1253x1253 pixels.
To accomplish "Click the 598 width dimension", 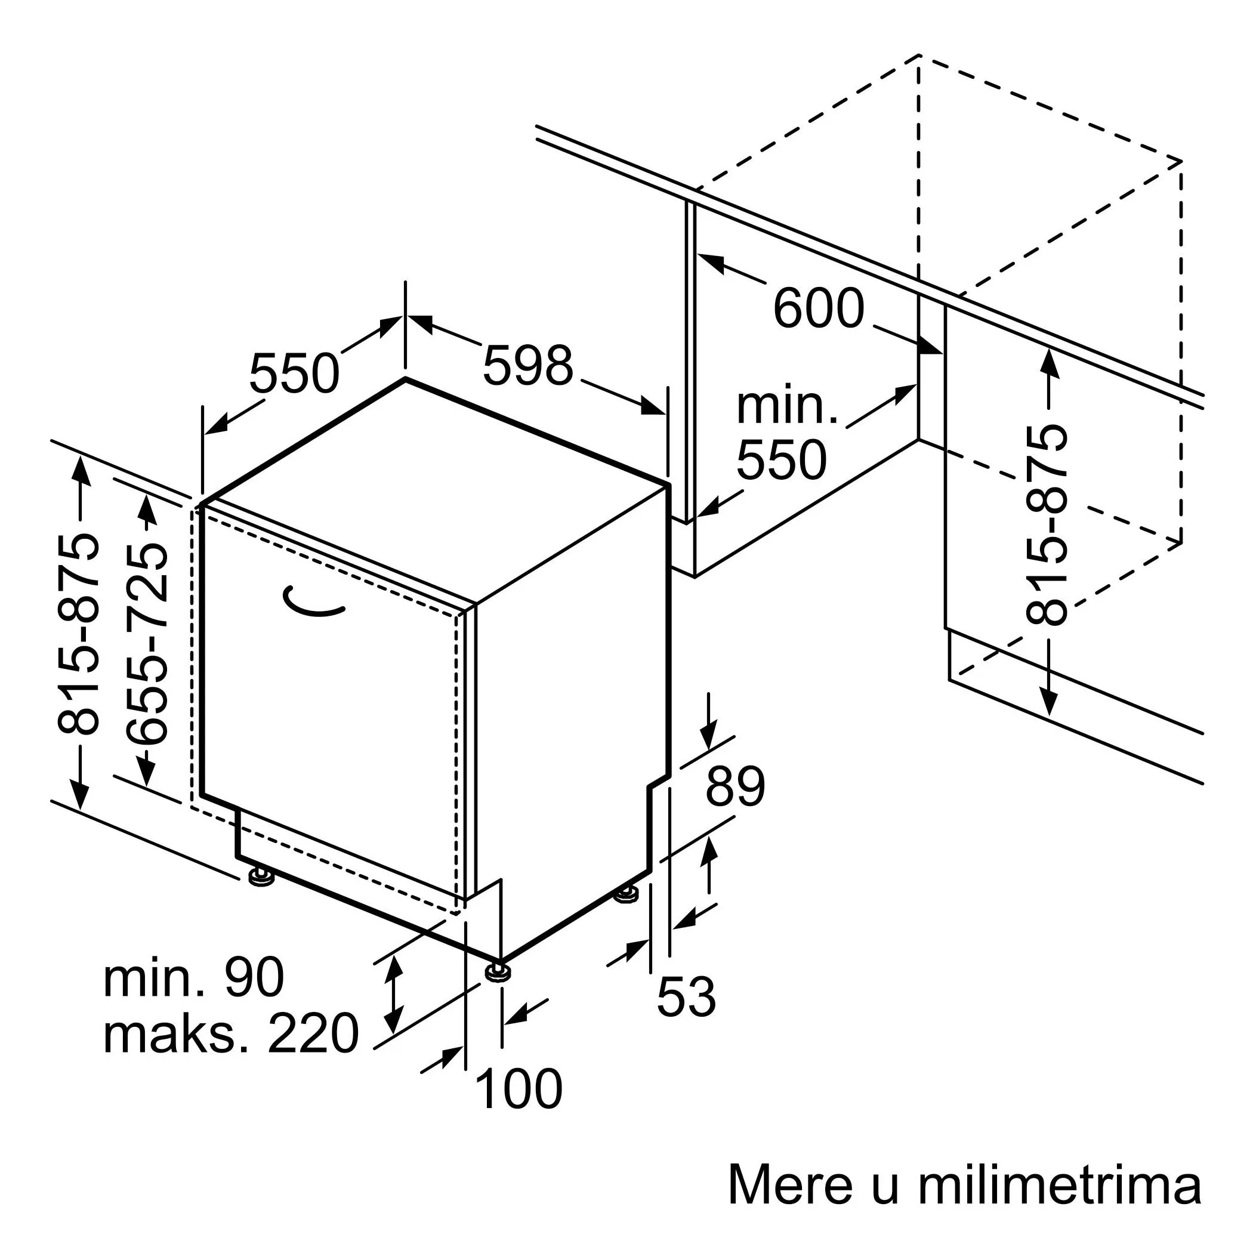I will tap(528, 366).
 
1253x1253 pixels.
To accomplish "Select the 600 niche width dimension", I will tap(819, 308).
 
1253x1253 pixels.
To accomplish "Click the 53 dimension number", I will tap(686, 996).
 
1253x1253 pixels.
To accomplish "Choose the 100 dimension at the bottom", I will tap(519, 1090).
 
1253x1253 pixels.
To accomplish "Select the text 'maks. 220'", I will tap(230, 1033).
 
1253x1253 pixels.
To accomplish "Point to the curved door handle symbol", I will tap(314, 602).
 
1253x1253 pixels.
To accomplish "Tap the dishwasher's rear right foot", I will tap(626, 895).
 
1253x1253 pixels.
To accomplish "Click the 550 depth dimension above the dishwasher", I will tap(294, 374).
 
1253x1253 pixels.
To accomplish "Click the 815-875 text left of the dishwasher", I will tap(79, 634).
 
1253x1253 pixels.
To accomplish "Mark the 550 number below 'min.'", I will tap(782, 460).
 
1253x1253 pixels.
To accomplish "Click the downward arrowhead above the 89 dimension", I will tap(709, 740).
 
